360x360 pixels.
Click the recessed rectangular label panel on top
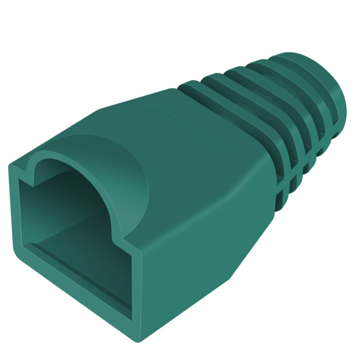pos(180,135)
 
